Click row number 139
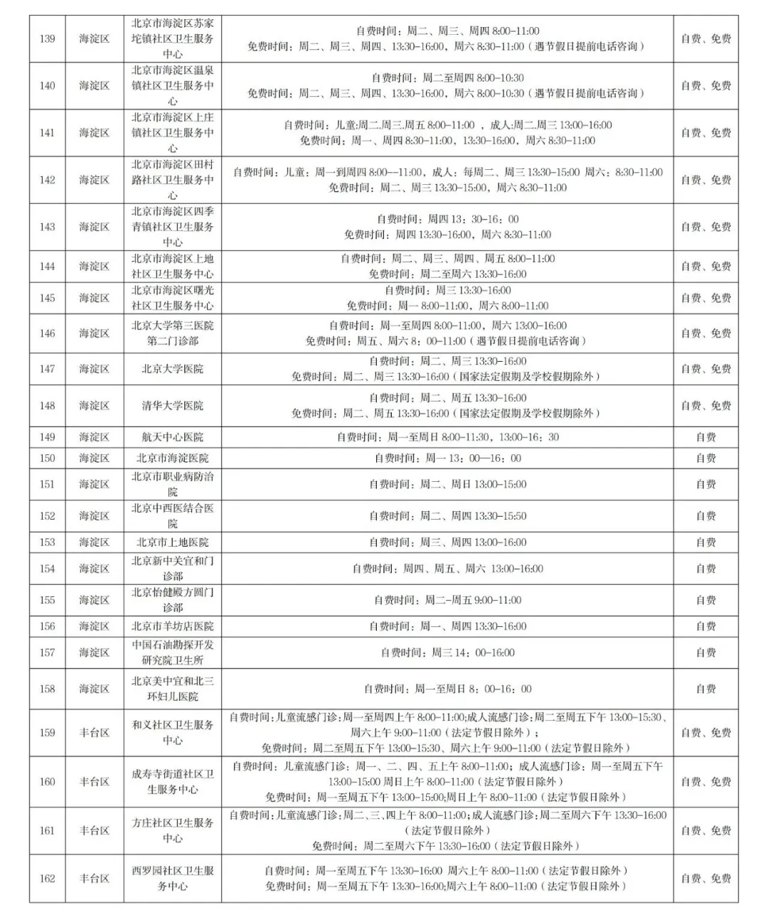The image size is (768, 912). coord(47,38)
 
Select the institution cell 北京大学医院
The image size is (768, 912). coord(172,369)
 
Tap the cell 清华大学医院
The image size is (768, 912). coord(172,405)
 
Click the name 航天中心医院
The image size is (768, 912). coord(172,437)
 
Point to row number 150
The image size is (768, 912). coord(47,458)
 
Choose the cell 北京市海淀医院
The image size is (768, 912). coord(172,458)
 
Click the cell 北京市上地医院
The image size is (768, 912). coord(172,542)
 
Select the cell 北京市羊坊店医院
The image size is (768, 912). coord(172,626)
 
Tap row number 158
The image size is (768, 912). coord(47,689)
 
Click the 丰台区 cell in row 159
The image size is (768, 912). coord(94,733)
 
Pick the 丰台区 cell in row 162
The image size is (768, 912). coord(94,879)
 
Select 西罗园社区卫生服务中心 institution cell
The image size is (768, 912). coord(172,879)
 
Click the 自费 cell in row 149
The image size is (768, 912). coord(705,437)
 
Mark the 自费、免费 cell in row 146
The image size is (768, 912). coord(705,333)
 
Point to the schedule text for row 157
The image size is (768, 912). coord(447,653)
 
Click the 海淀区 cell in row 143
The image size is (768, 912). coord(94,227)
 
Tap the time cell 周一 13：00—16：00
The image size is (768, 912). coord(447,458)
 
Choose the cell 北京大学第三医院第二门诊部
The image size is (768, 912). coord(172,333)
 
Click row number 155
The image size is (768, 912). coord(47,600)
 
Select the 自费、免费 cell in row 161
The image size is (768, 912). coord(705,830)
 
